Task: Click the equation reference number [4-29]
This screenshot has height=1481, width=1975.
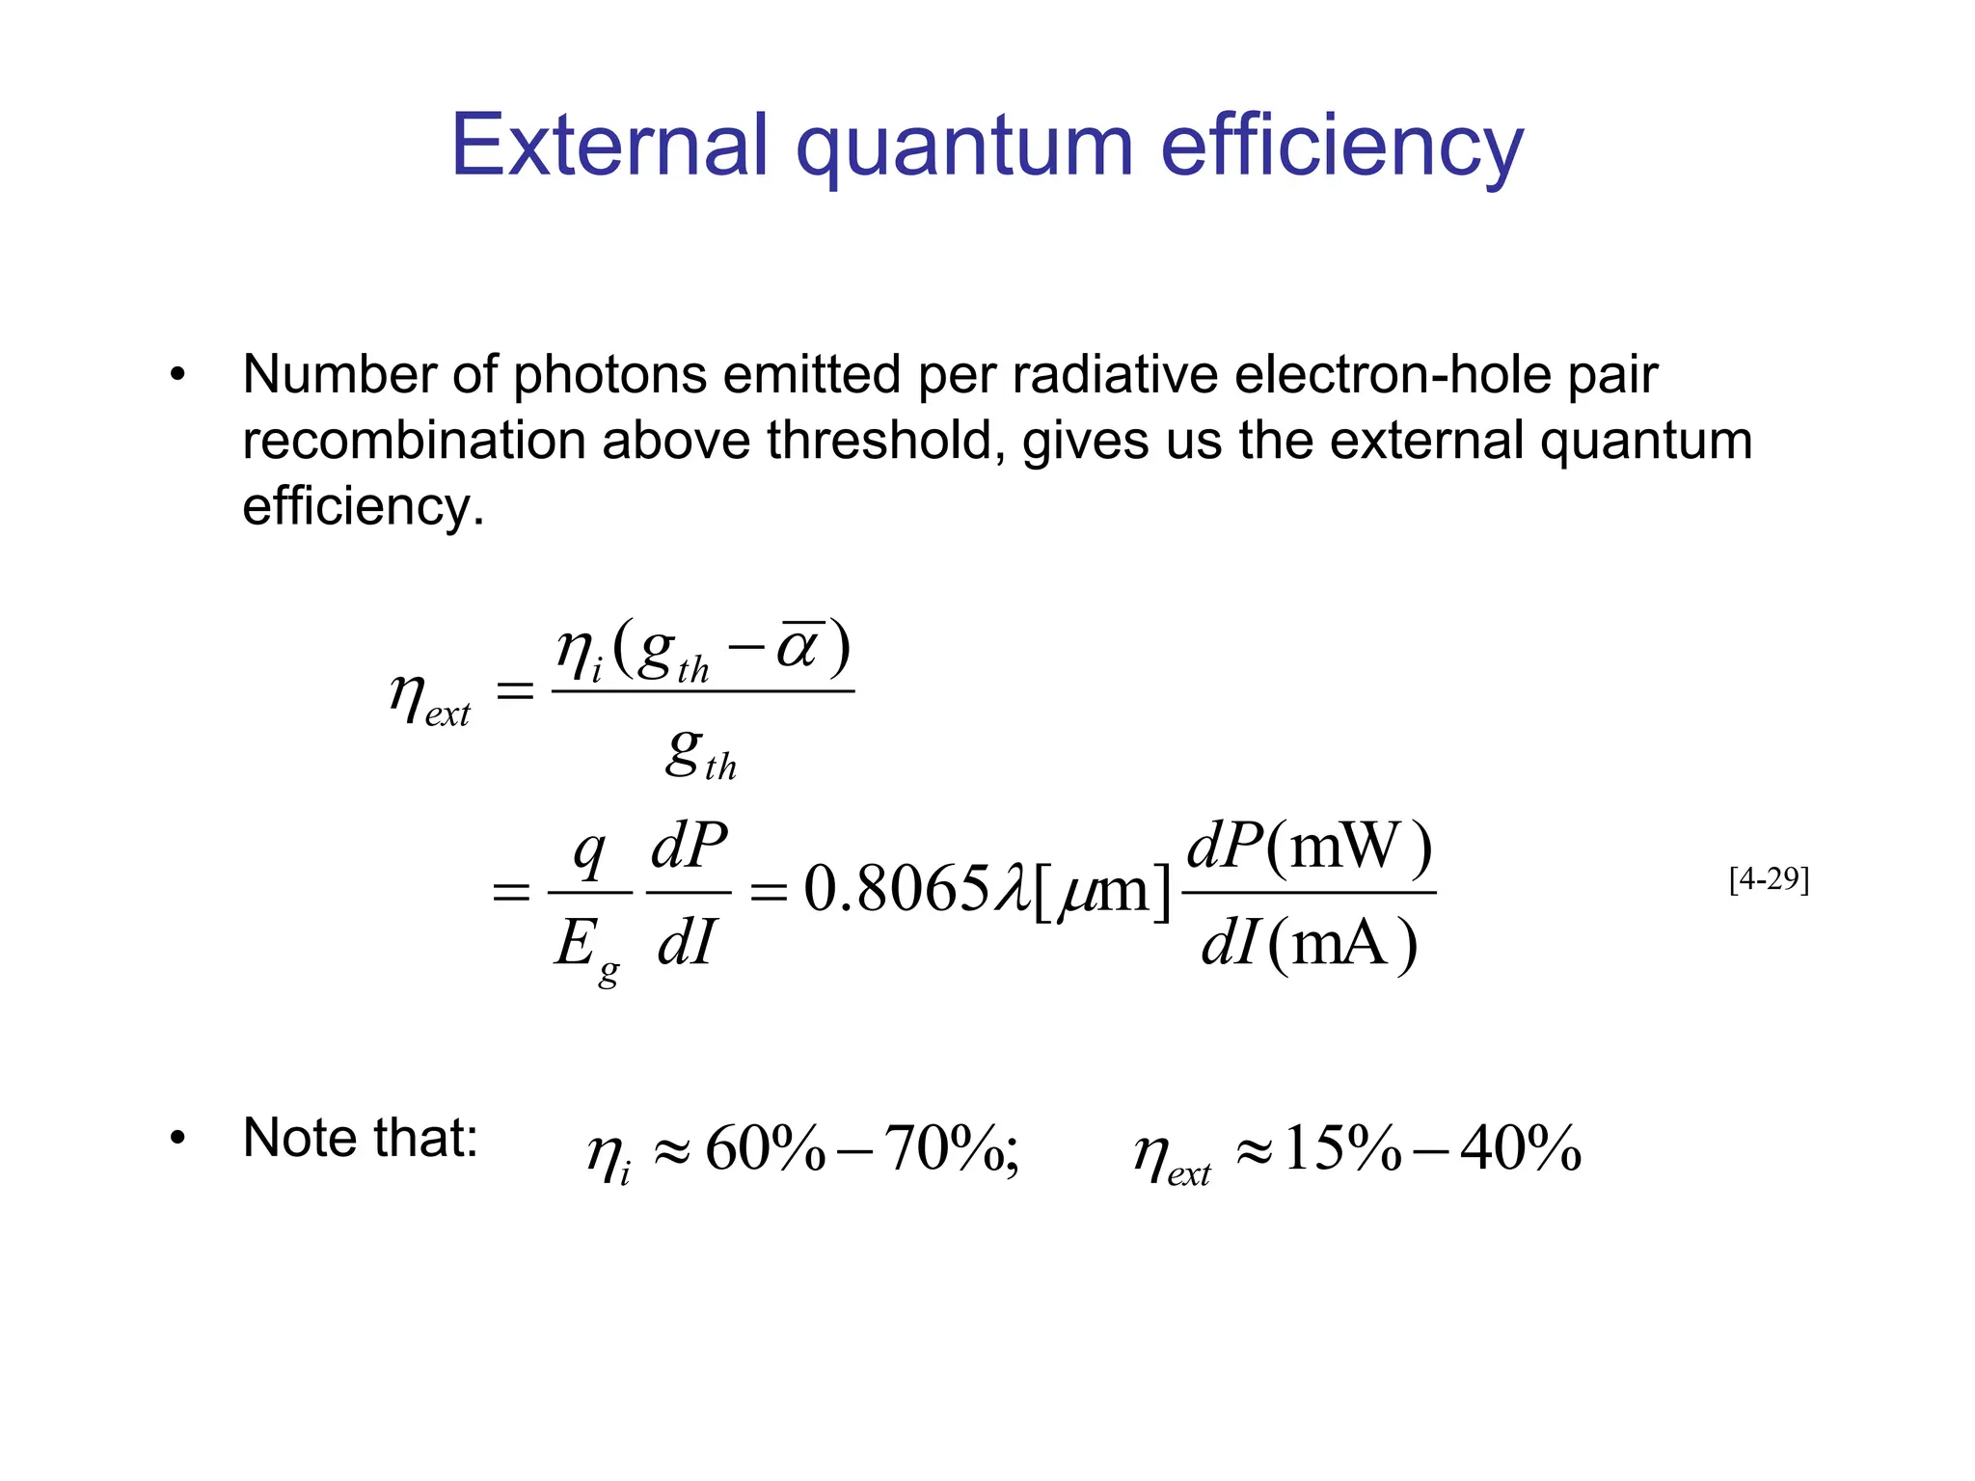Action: (x=1769, y=879)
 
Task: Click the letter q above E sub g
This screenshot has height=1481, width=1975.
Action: (x=588, y=852)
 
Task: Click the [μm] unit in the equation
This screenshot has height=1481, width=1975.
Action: (x=1102, y=891)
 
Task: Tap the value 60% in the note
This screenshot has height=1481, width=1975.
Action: (x=766, y=1149)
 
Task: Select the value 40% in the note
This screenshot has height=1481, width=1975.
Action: (x=1521, y=1149)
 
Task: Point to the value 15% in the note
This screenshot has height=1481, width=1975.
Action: (x=1342, y=1149)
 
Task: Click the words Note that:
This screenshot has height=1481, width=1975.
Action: (x=361, y=1138)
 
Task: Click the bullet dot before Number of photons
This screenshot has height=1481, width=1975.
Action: (x=176, y=375)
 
